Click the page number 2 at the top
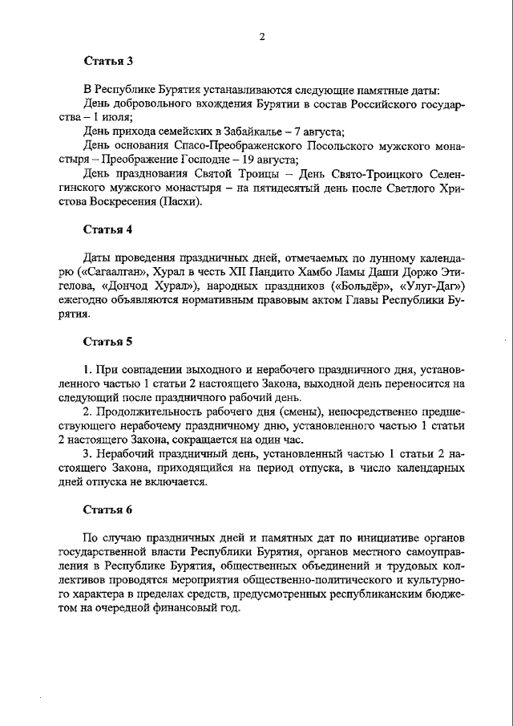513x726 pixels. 262,34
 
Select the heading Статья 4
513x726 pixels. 109,229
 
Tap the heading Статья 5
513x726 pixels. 109,342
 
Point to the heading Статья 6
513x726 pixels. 109,509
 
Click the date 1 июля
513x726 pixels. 112,117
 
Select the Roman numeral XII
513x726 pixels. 238,272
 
